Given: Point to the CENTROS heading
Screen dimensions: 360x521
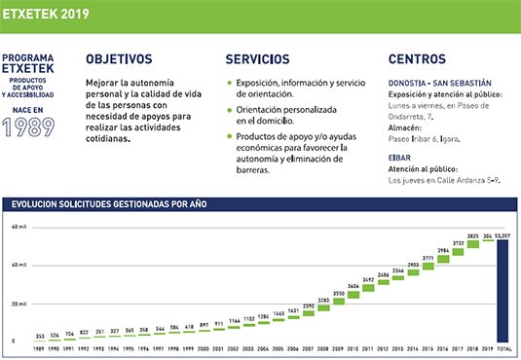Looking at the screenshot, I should pos(417,59).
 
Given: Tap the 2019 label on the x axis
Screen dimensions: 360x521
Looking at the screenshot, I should pos(487,347).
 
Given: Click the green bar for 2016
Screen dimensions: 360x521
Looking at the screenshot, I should pos(443,259).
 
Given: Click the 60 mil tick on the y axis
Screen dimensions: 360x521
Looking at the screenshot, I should pos(19,227).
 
